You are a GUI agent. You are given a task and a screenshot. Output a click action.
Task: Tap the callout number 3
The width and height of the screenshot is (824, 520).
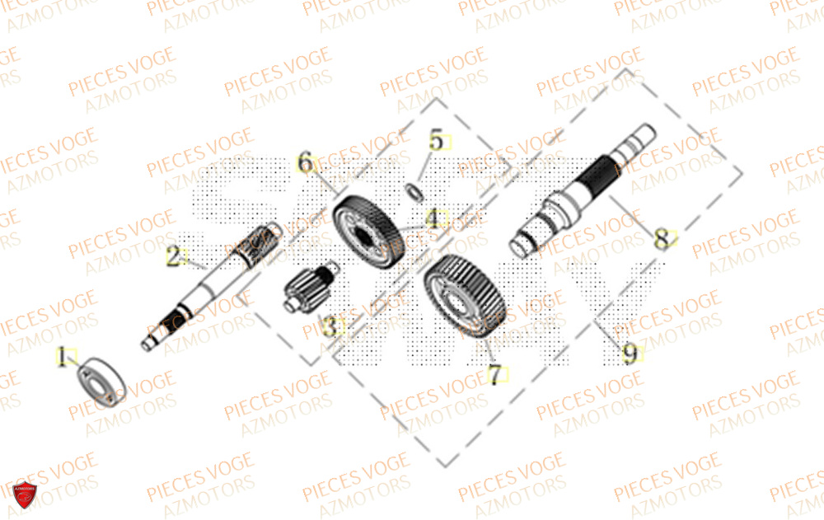[331, 328]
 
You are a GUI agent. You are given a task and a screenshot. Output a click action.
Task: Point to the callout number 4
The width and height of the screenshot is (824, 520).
[433, 218]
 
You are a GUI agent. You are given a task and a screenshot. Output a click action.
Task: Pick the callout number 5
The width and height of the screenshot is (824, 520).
[435, 141]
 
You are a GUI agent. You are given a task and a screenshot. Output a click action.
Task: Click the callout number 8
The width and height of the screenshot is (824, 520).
[662, 240]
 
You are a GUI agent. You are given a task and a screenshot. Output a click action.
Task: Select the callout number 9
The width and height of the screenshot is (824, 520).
[630, 354]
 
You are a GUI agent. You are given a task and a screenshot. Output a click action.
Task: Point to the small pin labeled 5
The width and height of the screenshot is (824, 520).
[417, 191]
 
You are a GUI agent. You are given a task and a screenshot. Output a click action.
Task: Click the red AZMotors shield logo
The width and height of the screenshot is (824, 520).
[26, 495]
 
